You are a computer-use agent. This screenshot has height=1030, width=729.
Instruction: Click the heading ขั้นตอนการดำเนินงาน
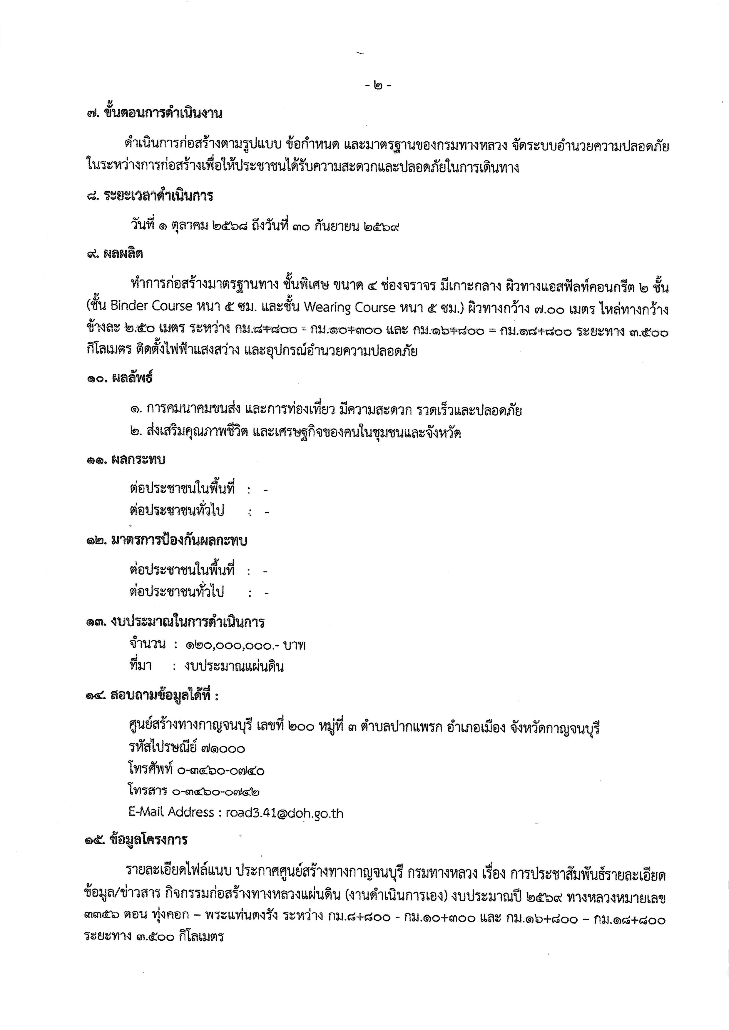[x=163, y=113]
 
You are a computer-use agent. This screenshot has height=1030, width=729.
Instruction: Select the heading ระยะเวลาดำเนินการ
[x=158, y=196]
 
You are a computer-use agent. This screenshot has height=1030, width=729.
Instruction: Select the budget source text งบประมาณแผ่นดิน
[x=233, y=666]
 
